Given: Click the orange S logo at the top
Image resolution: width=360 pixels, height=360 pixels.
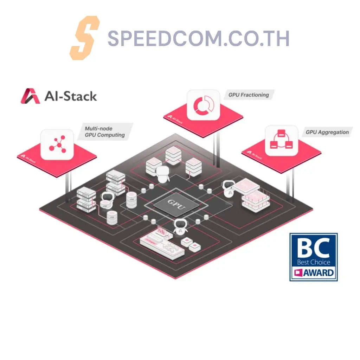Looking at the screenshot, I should pyautogui.click(x=84, y=38).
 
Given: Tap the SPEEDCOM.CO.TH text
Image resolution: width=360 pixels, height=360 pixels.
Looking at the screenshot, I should pyautogui.click(x=198, y=39).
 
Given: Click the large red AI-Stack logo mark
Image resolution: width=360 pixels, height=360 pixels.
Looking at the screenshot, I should pyautogui.click(x=30, y=96).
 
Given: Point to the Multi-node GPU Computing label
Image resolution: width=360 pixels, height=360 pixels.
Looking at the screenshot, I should pyautogui.click(x=105, y=132).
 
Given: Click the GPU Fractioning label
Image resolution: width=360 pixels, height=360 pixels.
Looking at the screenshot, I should pyautogui.click(x=249, y=95).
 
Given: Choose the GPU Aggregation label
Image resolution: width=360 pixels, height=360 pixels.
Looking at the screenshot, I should pyautogui.click(x=327, y=133).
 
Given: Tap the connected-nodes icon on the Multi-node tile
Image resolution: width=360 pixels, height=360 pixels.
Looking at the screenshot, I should pyautogui.click(x=57, y=144).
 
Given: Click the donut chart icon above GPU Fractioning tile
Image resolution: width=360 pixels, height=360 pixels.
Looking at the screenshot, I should pyautogui.click(x=203, y=105).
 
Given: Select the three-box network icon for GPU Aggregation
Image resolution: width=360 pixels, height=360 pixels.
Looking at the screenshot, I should pyautogui.click(x=281, y=140).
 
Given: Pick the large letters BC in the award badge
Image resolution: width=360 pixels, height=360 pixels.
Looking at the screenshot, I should pyautogui.click(x=313, y=248).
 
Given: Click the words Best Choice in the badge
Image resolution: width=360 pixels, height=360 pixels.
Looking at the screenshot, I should pyautogui.click(x=314, y=262).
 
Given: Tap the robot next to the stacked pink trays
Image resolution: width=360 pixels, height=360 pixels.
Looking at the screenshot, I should pyautogui.click(x=229, y=190).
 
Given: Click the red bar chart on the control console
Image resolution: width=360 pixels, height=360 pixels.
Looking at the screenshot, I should pyautogui.click(x=162, y=232).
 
